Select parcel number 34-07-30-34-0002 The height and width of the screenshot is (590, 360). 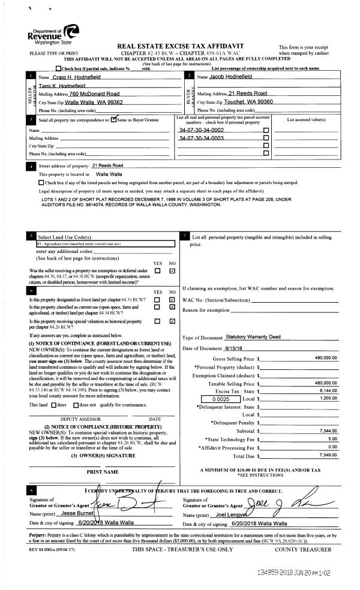[x=202, y=130]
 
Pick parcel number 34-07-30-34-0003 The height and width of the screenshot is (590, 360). [x=202, y=138]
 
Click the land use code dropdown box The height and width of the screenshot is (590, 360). [x=105, y=244]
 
